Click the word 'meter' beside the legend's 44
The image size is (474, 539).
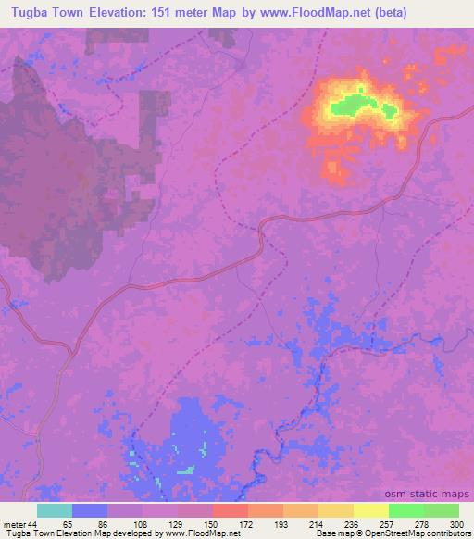[15, 523]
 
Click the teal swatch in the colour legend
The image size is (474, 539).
[55, 510]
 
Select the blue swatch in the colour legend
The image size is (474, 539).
[90, 510]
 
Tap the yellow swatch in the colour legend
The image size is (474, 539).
[371, 510]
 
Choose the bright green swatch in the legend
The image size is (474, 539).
[406, 510]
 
